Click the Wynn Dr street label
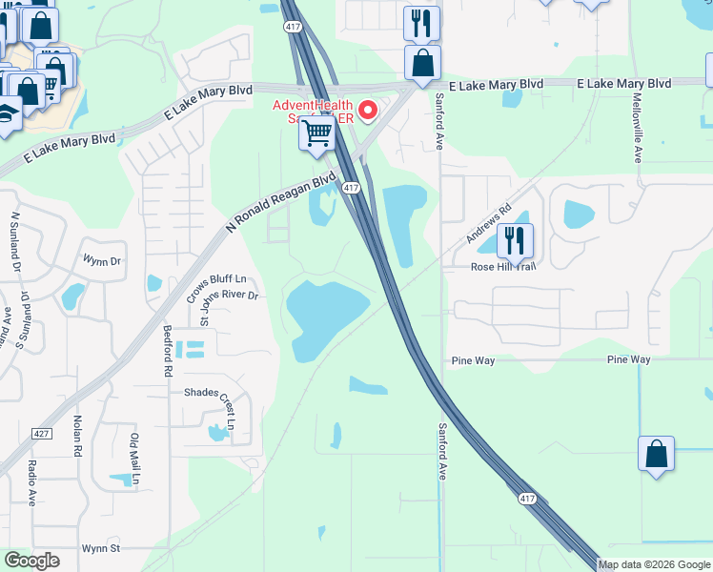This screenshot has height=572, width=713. [102, 260]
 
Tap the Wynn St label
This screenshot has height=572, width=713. [101, 548]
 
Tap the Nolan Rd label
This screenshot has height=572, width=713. [76, 435]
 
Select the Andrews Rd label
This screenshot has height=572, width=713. [489, 223]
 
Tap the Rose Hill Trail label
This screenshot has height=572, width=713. [503, 266]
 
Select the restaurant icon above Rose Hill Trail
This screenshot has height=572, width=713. [515, 239]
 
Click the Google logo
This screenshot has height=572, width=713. [31, 561]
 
